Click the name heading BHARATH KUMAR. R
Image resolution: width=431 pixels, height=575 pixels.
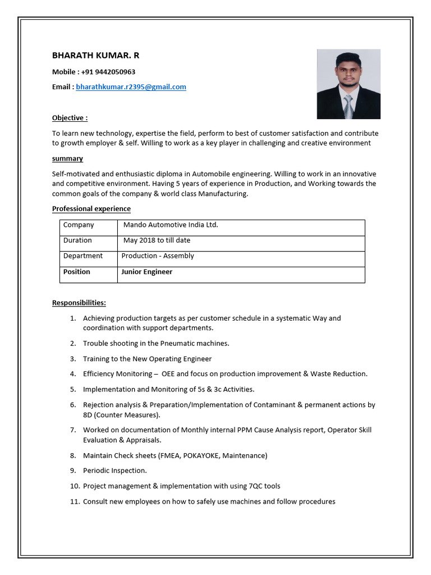[95, 55]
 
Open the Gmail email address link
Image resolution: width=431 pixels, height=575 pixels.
[131, 87]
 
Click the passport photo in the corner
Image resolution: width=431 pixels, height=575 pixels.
[348, 84]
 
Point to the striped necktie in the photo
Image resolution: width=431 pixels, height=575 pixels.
[348, 107]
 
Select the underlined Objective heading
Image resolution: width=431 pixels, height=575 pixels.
[70, 118]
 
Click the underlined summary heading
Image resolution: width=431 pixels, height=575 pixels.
[67, 159]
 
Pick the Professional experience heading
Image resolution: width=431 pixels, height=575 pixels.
[91, 209]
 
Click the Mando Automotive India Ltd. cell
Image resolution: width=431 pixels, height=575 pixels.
[171, 225]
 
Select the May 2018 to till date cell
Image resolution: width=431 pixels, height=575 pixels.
[157, 240]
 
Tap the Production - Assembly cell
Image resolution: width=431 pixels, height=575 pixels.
[158, 256]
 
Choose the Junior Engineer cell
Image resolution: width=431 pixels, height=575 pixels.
[147, 272]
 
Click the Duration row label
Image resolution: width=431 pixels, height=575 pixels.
[77, 240]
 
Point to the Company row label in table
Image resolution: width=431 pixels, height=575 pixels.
[79, 225]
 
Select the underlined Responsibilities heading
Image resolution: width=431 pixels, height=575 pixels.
[79, 303]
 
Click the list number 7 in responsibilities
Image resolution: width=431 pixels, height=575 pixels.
[73, 430]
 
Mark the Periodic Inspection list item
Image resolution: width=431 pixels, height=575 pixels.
[114, 471]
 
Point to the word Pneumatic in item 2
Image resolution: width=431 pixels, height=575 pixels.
[180, 343]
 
